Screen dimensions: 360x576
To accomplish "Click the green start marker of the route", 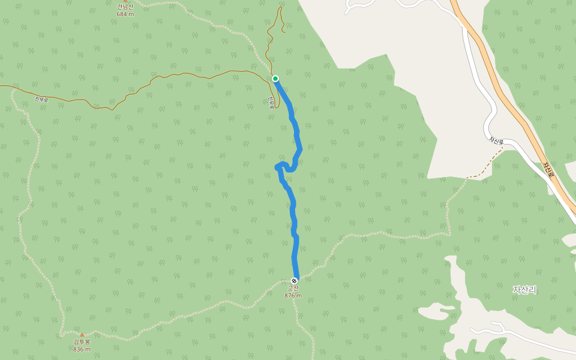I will (275, 79).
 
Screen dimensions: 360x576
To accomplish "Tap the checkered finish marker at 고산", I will (294, 281).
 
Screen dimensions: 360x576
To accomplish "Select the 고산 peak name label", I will (293, 289).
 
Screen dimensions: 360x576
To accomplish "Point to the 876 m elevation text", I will (293, 296).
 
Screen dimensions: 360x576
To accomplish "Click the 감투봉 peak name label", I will (82, 342).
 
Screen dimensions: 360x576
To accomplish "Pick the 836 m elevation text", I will (82, 349).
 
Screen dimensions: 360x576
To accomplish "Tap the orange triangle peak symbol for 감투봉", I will (82, 335).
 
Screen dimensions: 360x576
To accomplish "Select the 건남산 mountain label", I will (125, 7).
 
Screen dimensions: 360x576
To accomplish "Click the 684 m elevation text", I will (125, 14).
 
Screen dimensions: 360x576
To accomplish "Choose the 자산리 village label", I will (524, 290).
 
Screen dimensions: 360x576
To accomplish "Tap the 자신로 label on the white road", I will (496, 141).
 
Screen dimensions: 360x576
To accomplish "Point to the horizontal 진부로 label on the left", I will (41, 99).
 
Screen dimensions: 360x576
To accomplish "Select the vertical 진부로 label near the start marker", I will (271, 103).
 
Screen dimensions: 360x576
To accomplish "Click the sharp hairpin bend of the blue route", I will (277, 166).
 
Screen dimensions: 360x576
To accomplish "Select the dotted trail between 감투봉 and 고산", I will (192, 312).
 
